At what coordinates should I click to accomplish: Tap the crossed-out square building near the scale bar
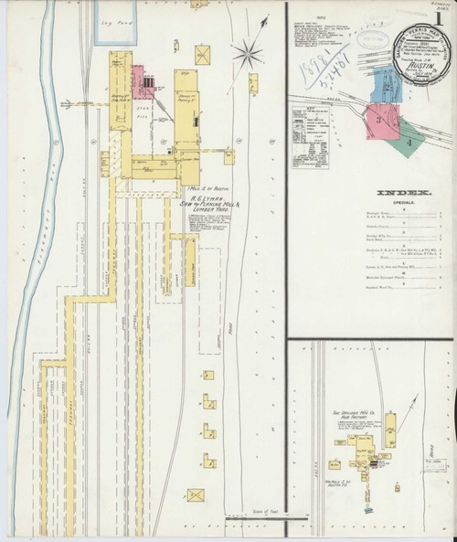coord(196,494)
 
